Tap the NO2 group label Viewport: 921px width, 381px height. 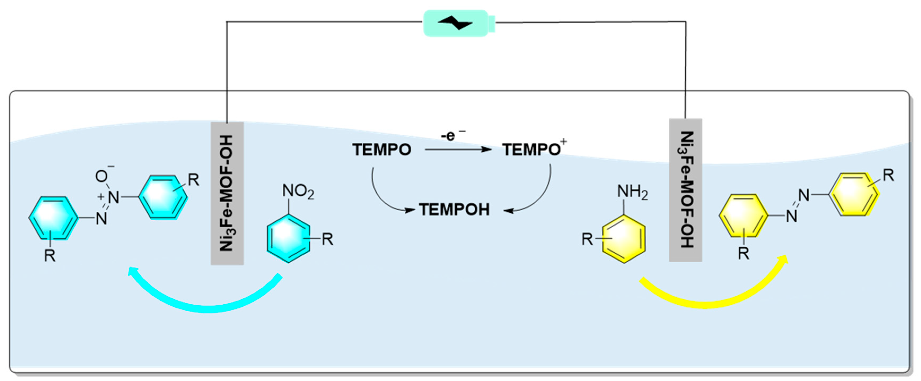298,191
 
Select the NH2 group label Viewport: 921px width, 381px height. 632,192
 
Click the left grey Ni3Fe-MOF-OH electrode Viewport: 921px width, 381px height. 227,193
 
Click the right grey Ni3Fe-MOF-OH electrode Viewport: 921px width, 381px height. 685,190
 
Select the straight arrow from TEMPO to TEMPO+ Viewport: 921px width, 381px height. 458,149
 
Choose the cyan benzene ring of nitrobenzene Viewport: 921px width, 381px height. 288,238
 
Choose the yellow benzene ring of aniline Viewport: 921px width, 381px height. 624,239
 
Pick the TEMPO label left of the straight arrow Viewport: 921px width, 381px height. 381,149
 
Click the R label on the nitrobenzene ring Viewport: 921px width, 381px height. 327,239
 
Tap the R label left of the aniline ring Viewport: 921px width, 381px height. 587,239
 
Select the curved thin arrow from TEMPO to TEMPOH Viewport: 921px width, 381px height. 382,197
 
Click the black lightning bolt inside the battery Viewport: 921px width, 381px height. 455,23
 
